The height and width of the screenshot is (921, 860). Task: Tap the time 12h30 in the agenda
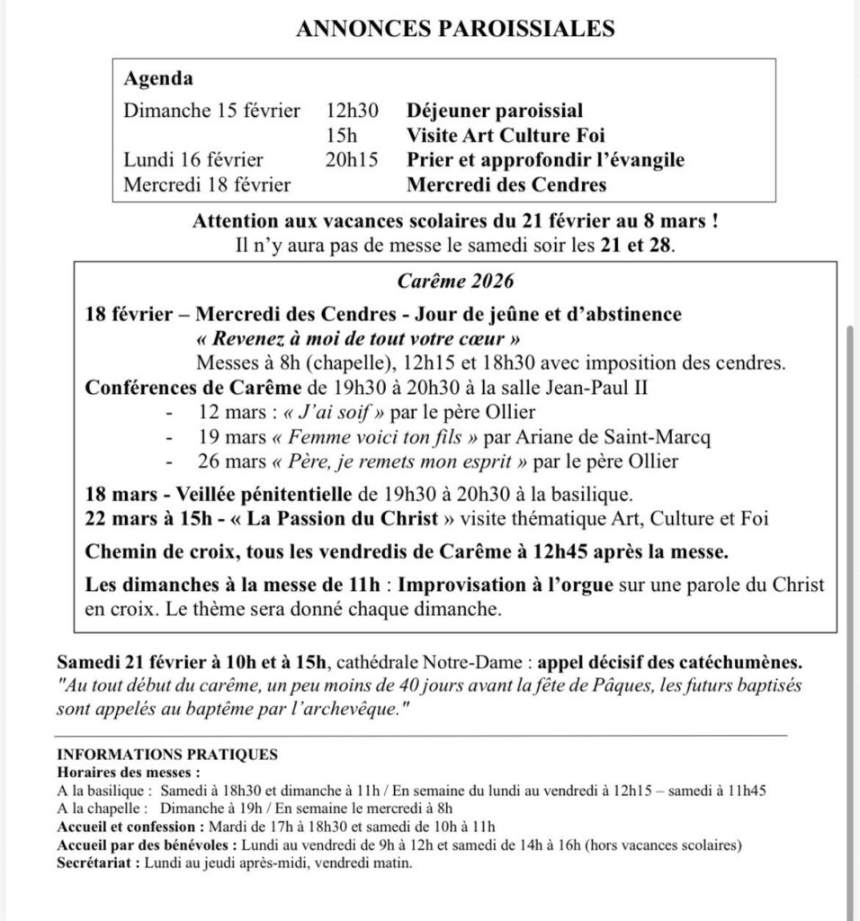tap(353, 112)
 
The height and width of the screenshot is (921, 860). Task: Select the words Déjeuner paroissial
tap(495, 112)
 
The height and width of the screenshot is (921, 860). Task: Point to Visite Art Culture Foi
tap(505, 136)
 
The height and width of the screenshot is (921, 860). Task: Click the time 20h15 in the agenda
tap(353, 161)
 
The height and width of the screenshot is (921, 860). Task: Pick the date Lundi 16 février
tap(193, 161)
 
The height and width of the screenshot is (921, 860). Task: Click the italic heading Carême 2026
tap(455, 282)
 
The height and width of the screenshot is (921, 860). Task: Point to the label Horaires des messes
tap(124, 772)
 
